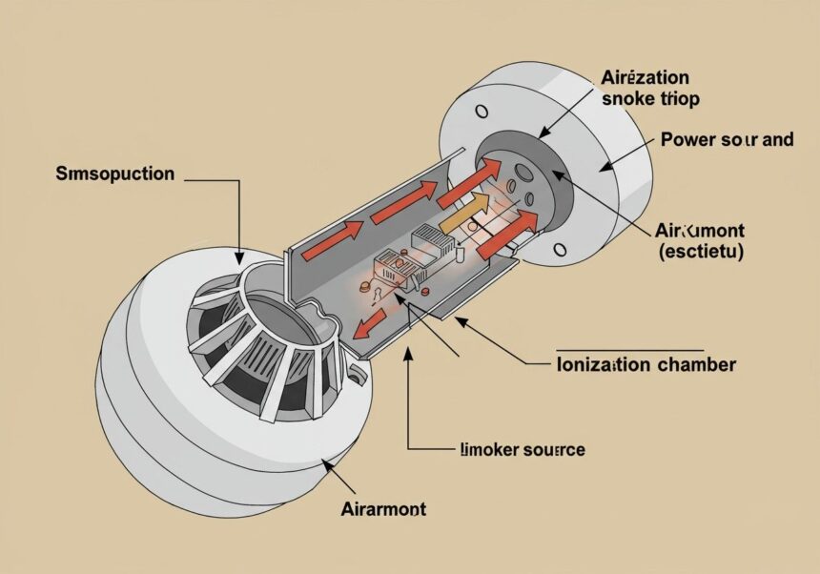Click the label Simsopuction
pyautogui.click(x=115, y=174)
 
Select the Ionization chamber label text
pyautogui.click(x=645, y=364)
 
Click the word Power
pyautogui.click(x=687, y=139)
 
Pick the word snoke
pyautogui.click(x=627, y=100)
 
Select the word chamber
pyautogui.click(x=694, y=364)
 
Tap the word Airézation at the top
pyautogui.click(x=645, y=78)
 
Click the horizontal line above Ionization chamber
pyautogui.click(x=629, y=348)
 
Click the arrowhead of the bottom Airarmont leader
pyautogui.click(x=328, y=463)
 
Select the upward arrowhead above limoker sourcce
pyautogui.click(x=409, y=353)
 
